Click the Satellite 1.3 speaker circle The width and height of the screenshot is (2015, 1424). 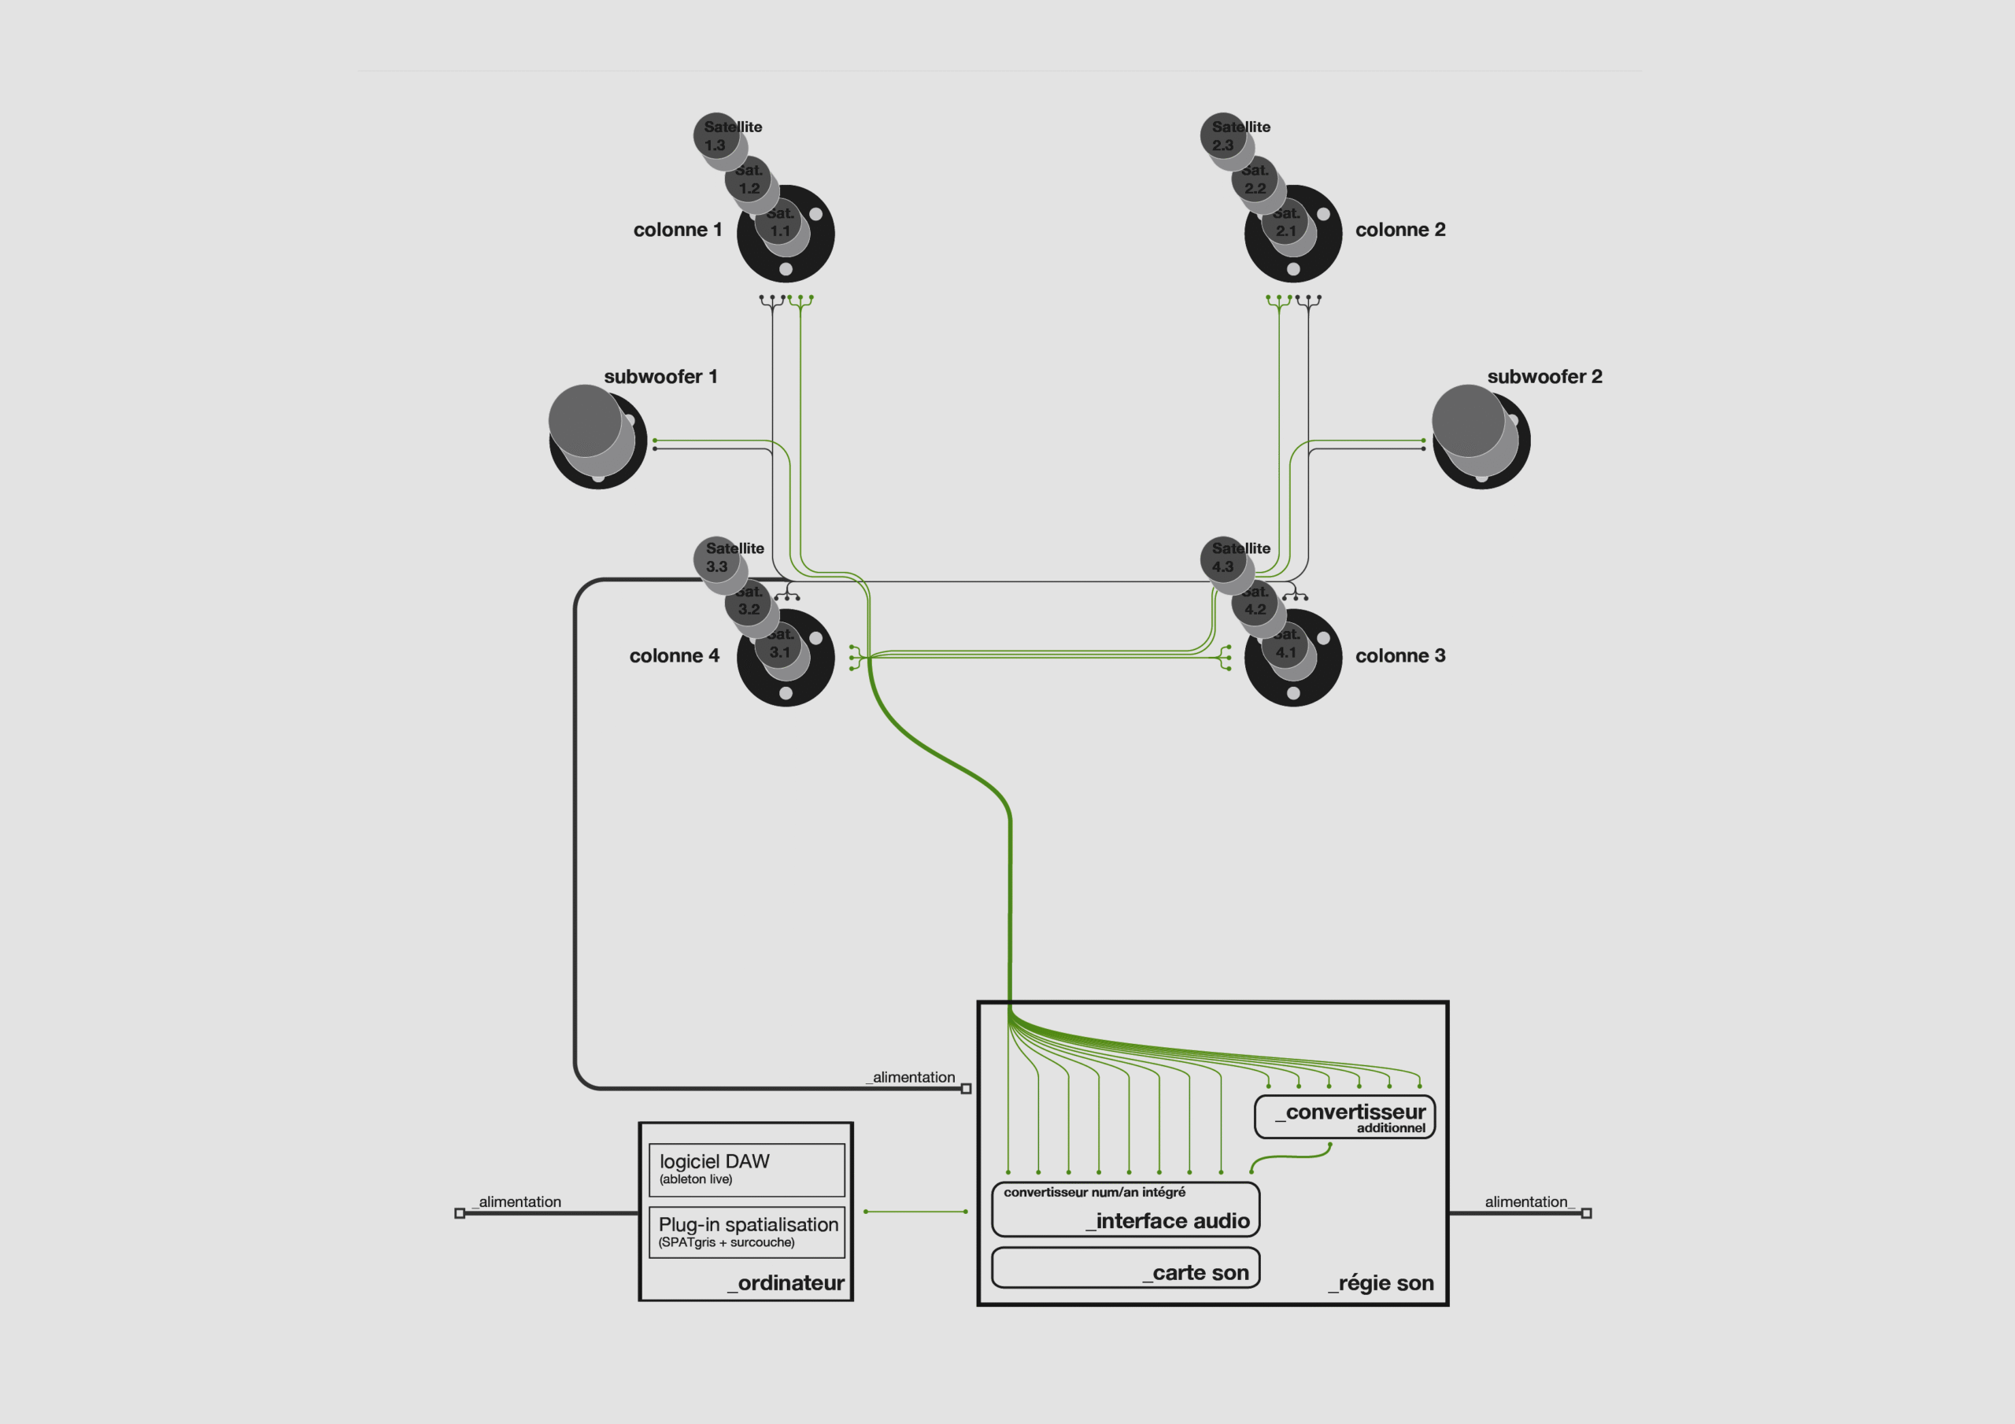click(x=715, y=135)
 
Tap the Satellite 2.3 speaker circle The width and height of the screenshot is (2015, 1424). click(x=1222, y=135)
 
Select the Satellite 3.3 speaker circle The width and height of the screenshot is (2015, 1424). click(x=716, y=558)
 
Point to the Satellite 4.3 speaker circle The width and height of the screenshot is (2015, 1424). click(x=1222, y=558)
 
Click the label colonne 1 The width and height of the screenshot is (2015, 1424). click(x=678, y=230)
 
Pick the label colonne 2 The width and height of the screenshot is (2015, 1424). click(x=1399, y=230)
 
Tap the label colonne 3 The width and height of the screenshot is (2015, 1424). click(x=1399, y=655)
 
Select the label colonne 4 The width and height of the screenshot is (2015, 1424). click(x=674, y=655)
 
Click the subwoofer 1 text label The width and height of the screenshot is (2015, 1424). click(x=660, y=376)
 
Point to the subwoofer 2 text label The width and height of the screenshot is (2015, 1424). click(x=1544, y=376)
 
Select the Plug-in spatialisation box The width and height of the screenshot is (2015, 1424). click(x=746, y=1232)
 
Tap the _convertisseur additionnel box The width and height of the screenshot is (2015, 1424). click(x=1344, y=1117)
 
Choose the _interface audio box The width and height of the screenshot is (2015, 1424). click(x=1125, y=1210)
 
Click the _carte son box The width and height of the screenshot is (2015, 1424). click(x=1125, y=1267)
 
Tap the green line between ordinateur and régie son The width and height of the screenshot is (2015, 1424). click(x=915, y=1212)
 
